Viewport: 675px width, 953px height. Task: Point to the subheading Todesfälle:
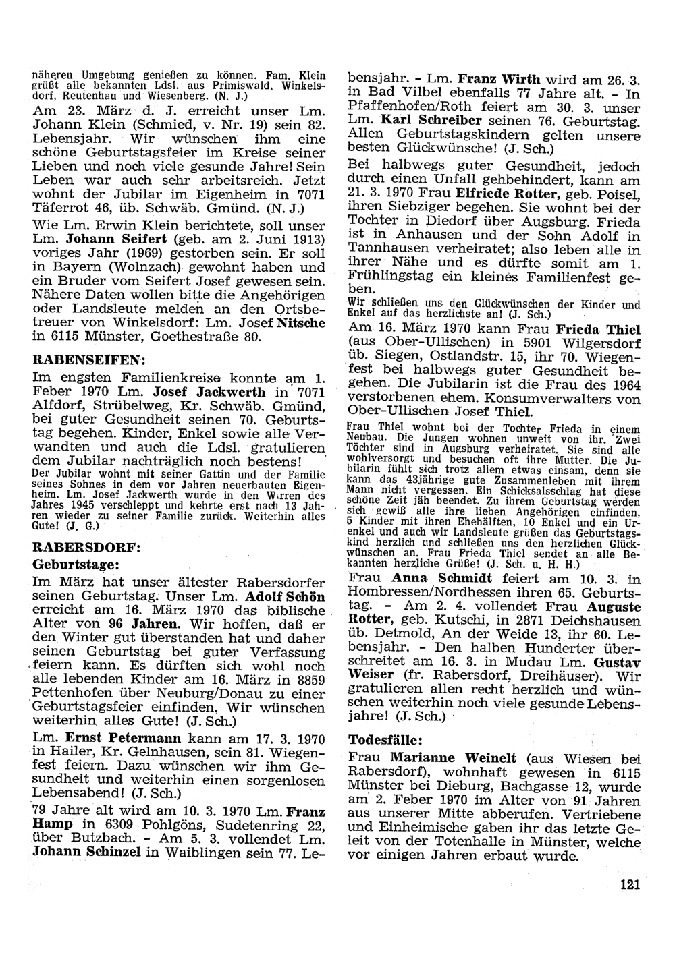click(386, 739)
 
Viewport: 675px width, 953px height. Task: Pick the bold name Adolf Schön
click(286, 597)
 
